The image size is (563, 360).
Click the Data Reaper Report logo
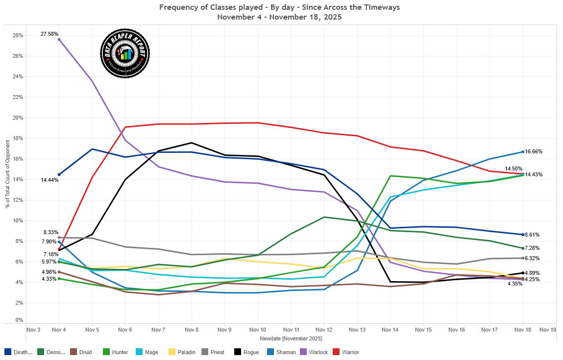tap(124, 53)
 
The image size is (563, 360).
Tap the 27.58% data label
tap(50, 34)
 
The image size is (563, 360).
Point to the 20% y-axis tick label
tap(18, 118)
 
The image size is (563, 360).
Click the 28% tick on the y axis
tap(18, 35)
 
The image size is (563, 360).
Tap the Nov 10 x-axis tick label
tap(258, 330)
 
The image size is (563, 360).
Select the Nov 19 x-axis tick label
tap(548, 330)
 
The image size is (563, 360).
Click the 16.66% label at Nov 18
tap(534, 152)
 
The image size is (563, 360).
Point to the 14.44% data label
tap(50, 180)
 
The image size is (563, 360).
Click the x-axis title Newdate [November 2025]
tap(292, 338)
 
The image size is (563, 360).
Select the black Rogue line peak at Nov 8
tap(192, 143)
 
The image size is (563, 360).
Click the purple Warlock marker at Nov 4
tap(59, 39)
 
